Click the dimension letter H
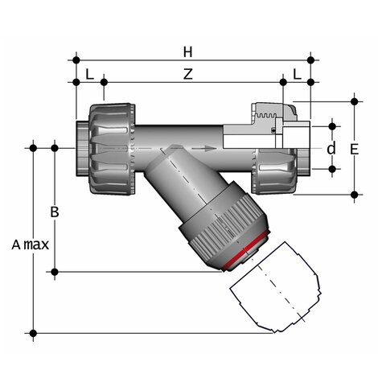click(188, 51)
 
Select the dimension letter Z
click(188, 73)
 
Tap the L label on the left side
click(89, 73)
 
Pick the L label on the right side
click(298, 73)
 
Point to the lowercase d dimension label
click(330, 149)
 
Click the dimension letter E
click(355, 149)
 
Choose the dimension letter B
click(55, 212)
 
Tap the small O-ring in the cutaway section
click(275, 130)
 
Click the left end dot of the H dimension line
click(76, 60)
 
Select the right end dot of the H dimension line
click(311, 60)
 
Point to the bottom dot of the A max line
click(34, 332)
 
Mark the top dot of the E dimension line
click(355, 101)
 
